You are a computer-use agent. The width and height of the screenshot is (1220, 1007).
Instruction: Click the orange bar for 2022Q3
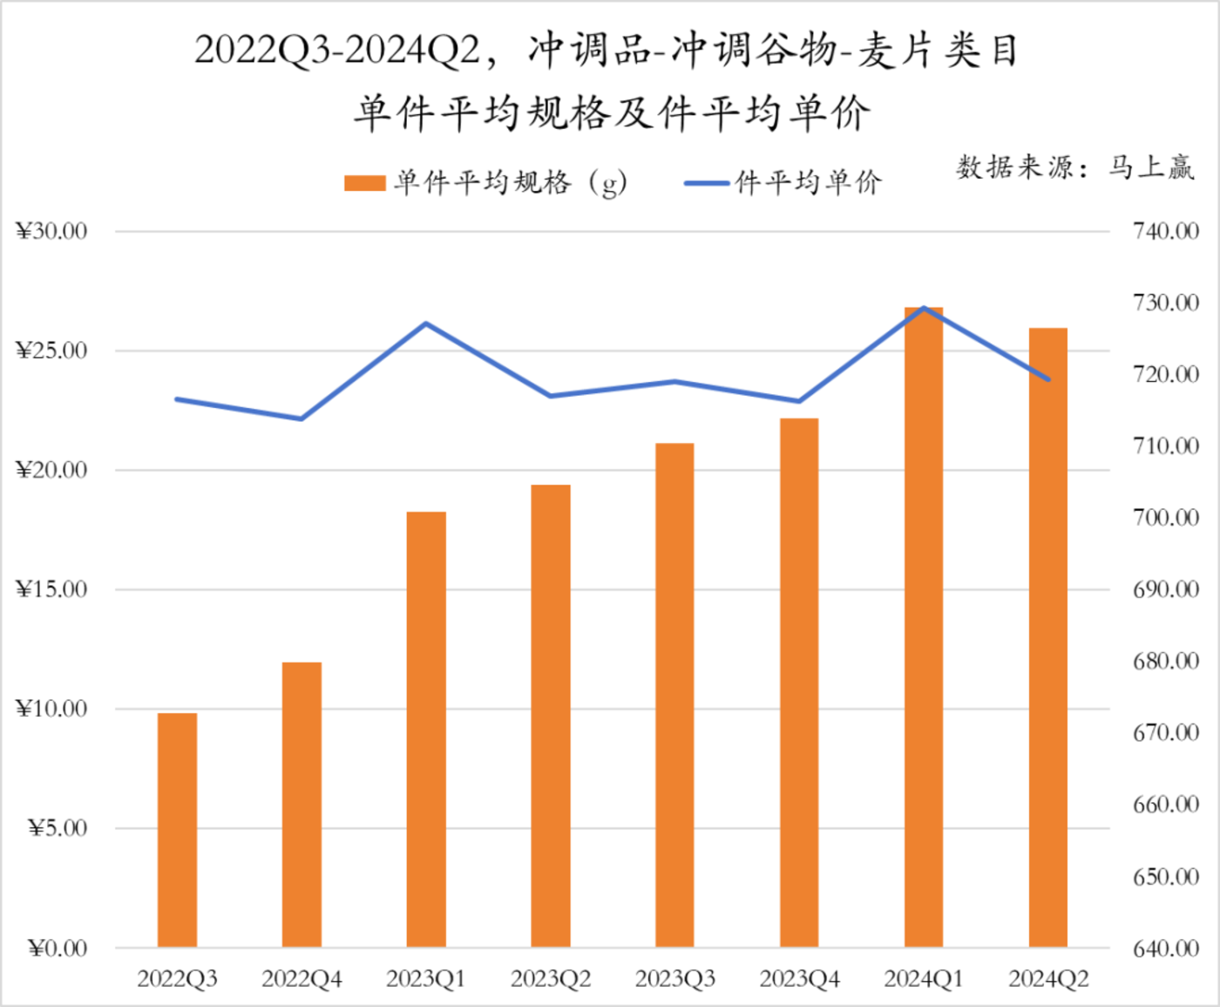pyautogui.click(x=177, y=829)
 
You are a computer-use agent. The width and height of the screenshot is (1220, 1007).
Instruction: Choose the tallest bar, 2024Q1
pyautogui.click(x=924, y=627)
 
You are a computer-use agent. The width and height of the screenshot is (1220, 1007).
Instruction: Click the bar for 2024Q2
pyautogui.click(x=1047, y=637)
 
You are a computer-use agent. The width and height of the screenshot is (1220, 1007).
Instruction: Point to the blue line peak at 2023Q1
pyautogui.click(x=426, y=323)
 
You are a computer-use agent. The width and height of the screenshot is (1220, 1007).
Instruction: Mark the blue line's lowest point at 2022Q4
pyautogui.click(x=302, y=418)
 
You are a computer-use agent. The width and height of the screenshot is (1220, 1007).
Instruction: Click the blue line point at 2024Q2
pyautogui.click(x=1047, y=379)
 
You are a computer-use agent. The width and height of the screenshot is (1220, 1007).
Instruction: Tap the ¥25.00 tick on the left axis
pyautogui.click(x=52, y=350)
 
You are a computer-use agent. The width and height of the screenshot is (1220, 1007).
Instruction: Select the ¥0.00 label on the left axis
pyautogui.click(x=58, y=948)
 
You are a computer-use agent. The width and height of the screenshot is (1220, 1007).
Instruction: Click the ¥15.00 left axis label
pyautogui.click(x=52, y=589)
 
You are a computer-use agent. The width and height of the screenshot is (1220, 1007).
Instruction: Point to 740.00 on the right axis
pyautogui.click(x=1165, y=231)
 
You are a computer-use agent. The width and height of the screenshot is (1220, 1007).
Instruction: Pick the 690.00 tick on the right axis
pyautogui.click(x=1165, y=589)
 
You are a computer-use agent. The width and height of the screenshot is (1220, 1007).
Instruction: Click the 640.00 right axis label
pyautogui.click(x=1165, y=948)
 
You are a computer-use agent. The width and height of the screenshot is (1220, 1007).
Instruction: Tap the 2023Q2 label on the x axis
pyautogui.click(x=551, y=979)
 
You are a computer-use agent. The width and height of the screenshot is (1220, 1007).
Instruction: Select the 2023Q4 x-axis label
pyautogui.click(x=799, y=979)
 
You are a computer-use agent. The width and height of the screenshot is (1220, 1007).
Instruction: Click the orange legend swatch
pyautogui.click(x=364, y=183)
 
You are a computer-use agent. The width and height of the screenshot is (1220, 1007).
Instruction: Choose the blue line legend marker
pyautogui.click(x=707, y=183)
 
